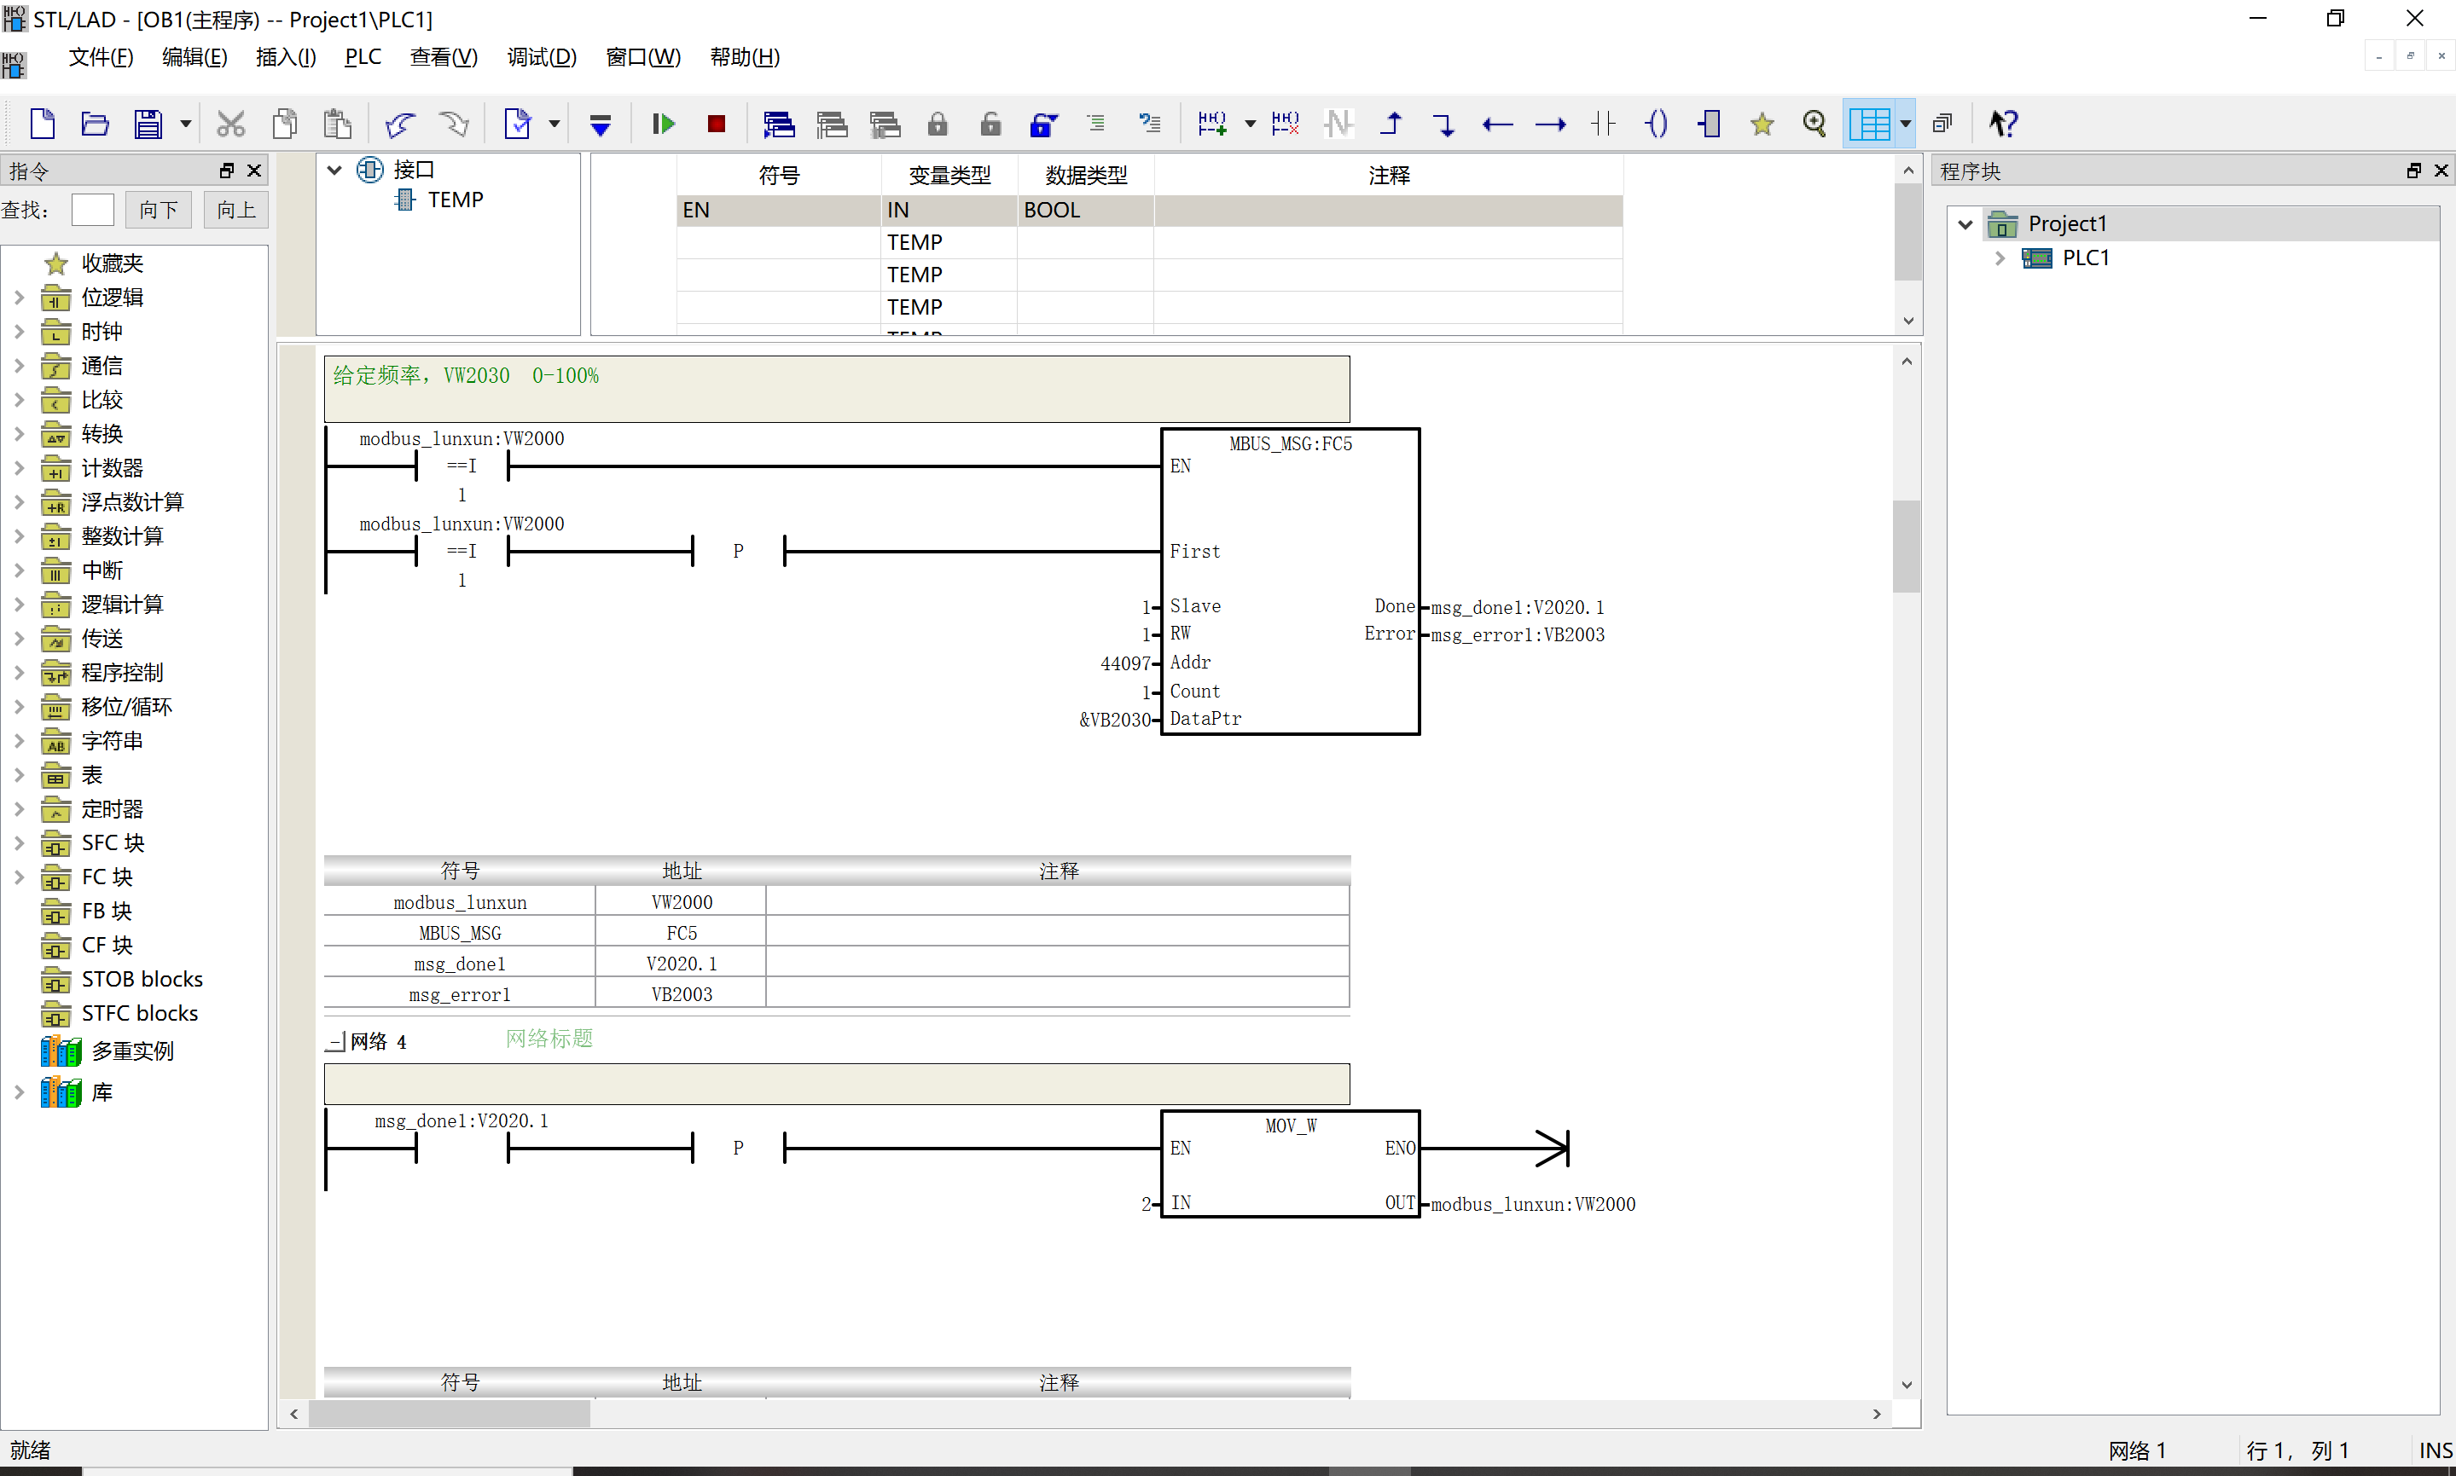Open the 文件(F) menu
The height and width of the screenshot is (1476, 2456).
pos(101,56)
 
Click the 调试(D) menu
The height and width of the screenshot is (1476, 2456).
pos(541,56)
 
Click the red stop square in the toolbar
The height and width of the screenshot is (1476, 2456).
pos(717,124)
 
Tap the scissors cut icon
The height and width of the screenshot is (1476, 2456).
pos(231,124)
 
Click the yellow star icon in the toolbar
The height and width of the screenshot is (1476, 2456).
pos(1762,124)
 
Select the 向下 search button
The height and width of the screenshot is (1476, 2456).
pos(158,210)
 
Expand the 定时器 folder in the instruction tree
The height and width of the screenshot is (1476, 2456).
pos(19,808)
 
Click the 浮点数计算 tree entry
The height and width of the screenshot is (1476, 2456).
pos(132,502)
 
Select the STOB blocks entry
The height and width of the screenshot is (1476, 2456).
pos(142,979)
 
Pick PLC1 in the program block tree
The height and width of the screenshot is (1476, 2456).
pos(2085,258)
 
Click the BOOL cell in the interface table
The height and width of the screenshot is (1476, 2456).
pos(1052,210)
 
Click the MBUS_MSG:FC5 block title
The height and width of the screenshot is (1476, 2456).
pos(1290,443)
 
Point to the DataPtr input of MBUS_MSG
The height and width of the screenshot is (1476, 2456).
pos(1205,718)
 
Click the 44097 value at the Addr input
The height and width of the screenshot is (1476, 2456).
pos(1125,663)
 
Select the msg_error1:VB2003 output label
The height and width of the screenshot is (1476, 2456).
pos(1517,634)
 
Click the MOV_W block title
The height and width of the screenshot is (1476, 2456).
pos(1290,1125)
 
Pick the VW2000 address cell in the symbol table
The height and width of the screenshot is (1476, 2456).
pos(682,902)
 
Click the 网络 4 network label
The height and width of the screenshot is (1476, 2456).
pos(378,1041)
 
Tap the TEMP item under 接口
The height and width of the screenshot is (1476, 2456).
pos(455,200)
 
